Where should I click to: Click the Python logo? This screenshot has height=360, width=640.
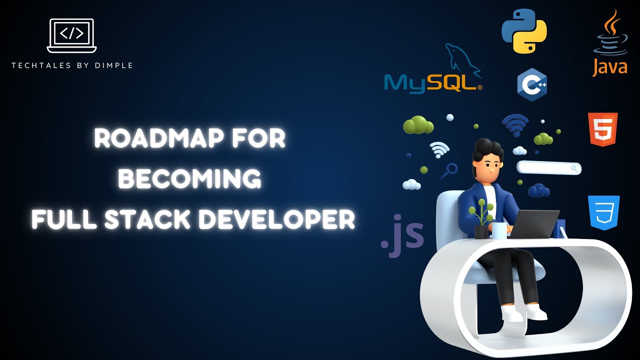(x=524, y=30)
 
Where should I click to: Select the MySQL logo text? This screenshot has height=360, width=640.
(x=430, y=82)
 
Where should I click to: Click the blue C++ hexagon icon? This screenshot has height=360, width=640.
(x=531, y=84)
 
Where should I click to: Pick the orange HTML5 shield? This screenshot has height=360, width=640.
(x=602, y=129)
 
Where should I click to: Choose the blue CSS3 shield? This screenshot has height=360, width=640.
(x=604, y=212)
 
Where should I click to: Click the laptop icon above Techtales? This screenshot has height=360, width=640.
(x=71, y=35)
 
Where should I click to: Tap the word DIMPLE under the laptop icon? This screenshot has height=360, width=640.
(x=116, y=65)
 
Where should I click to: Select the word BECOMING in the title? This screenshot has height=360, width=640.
(x=189, y=179)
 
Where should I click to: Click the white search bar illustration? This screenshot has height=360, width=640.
(x=548, y=168)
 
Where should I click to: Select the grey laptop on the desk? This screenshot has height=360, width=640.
(x=535, y=224)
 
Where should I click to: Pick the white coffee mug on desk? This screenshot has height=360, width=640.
(x=499, y=230)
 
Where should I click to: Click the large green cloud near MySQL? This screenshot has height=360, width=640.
(x=418, y=125)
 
